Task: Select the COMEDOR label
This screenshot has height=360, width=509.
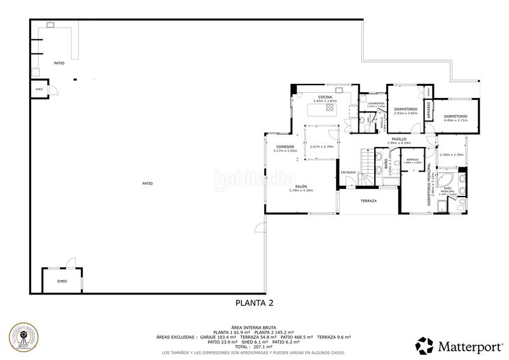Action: click(276, 147)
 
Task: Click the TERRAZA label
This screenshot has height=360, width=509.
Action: click(368, 200)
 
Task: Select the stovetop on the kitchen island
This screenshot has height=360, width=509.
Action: click(330, 108)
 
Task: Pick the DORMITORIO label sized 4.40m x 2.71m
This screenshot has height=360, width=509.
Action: click(456, 116)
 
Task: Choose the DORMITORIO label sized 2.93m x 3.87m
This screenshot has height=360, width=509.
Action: click(405, 109)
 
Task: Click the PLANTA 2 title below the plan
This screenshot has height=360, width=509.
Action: click(254, 303)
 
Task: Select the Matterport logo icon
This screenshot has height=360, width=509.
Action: click(425, 346)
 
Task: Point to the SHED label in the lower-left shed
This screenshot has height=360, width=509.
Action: click(62, 280)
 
